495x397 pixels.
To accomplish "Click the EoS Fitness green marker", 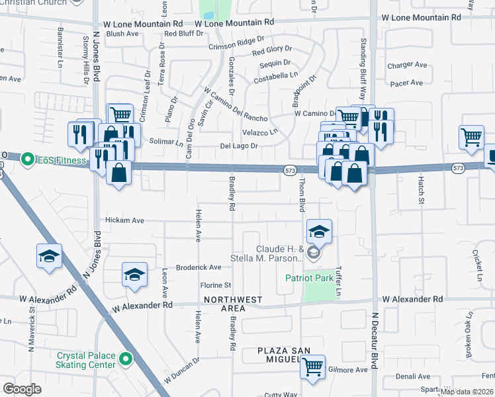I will pos(28,159).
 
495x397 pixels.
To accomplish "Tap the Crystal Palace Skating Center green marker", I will pos(126,361).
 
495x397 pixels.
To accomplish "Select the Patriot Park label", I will pos(309,278).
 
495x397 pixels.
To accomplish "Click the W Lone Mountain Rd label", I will pos(235,22).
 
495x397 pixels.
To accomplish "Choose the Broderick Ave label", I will pos(199,267).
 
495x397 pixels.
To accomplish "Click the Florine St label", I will pos(215,286).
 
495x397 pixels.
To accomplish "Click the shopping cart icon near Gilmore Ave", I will pos(312,365).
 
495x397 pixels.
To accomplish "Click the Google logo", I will pos(22,388).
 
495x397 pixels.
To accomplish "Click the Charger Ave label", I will pos(407,65).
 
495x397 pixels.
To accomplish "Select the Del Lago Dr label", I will pos(238,146).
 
